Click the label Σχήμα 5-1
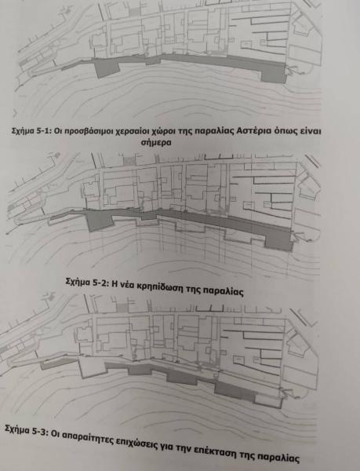tap(31, 131)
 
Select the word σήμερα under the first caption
tap(156, 142)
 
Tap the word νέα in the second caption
tap(126, 284)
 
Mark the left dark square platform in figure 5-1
tap(107, 68)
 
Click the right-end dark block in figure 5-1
tap(274, 74)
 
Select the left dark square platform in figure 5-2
tap(100, 220)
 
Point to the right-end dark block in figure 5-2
tap(279, 241)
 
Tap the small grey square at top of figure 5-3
tap(122, 308)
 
